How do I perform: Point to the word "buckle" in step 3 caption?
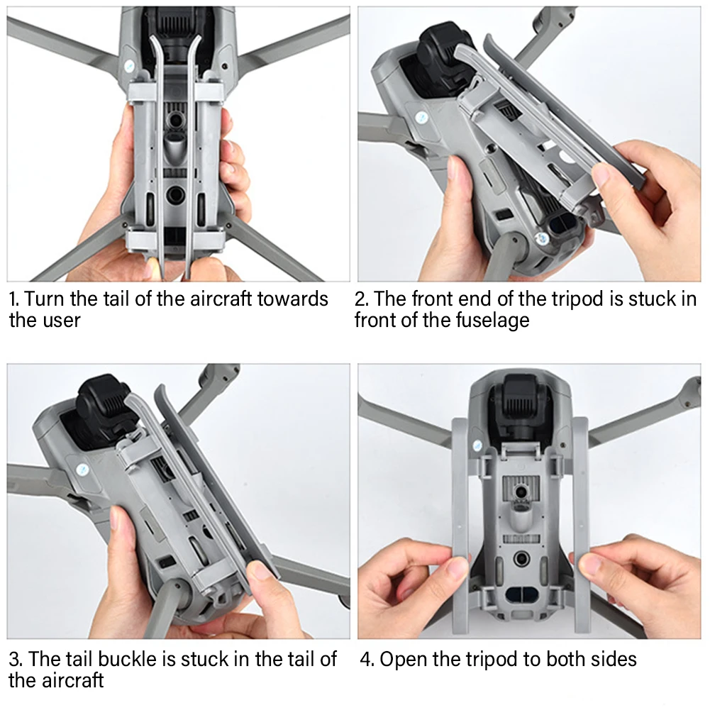[x=127, y=659]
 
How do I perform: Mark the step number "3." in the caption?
[x=16, y=660]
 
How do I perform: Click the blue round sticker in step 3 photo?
[x=82, y=470]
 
